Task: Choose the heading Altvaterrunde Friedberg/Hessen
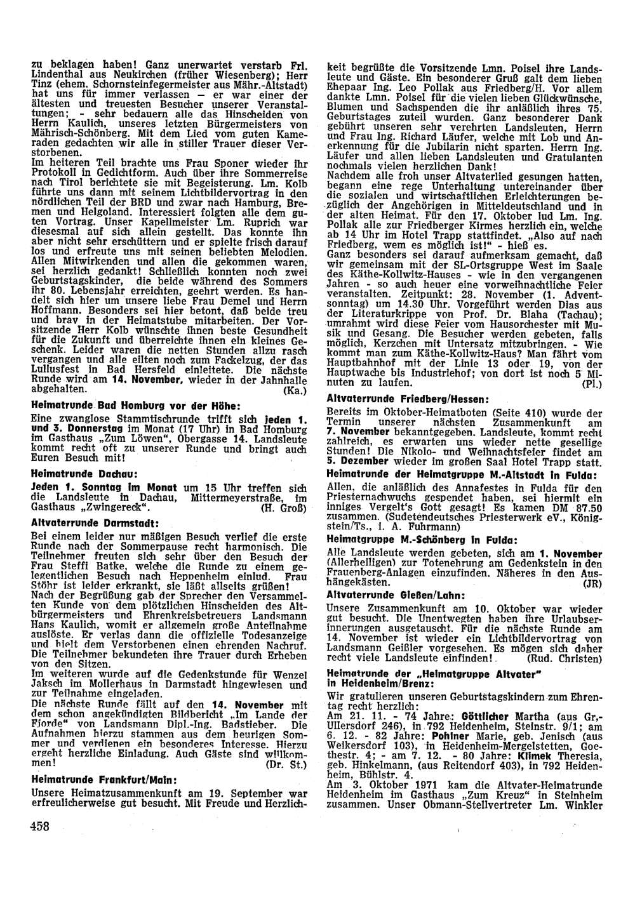(x=398, y=398)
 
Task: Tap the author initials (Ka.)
(x=295, y=391)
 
